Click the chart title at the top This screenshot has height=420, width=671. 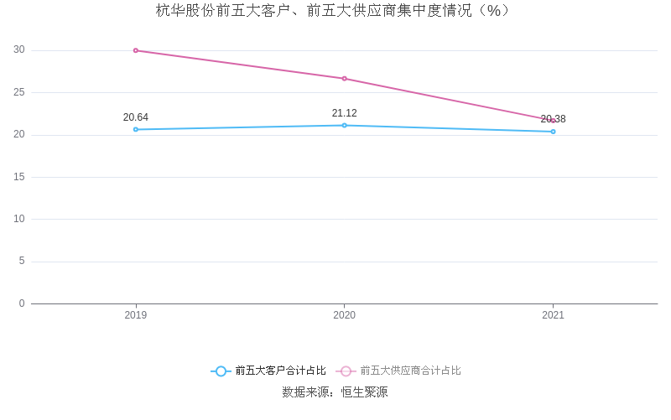tap(335, 11)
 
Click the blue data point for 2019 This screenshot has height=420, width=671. tap(136, 129)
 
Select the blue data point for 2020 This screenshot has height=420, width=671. tap(345, 125)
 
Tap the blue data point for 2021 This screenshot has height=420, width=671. tap(553, 132)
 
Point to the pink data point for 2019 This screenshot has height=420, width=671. tap(136, 50)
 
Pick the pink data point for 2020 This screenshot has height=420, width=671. tap(345, 79)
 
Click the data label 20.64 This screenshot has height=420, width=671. tap(136, 117)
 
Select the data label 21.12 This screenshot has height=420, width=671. tap(345, 113)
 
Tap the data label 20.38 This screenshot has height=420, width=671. tap(553, 119)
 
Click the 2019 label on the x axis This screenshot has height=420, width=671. tap(136, 315)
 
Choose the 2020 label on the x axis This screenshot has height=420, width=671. tap(345, 315)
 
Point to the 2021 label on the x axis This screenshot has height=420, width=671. tap(553, 315)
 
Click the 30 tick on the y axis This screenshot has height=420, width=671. tap(19, 50)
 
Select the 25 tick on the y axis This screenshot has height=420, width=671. tap(19, 92)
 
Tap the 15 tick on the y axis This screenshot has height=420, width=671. tap(19, 177)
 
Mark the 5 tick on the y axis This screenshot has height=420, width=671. tap(22, 262)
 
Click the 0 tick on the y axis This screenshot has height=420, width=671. tap(22, 303)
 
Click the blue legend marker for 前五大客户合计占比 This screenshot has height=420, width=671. tap(221, 371)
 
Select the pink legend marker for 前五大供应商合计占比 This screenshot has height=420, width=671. tap(346, 371)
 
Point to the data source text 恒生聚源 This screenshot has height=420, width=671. tap(364, 392)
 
